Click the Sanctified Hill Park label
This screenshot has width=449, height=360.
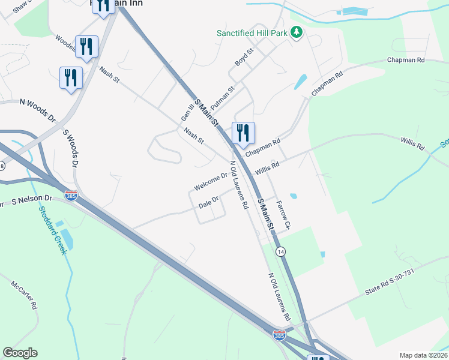252,33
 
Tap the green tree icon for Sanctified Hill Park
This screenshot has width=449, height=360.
295,32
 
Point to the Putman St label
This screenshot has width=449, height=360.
221,96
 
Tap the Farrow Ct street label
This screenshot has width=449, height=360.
283,214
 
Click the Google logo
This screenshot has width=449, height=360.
20,353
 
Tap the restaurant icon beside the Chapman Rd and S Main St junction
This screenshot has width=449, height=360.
243,133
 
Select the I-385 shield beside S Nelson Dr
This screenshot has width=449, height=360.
71,197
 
